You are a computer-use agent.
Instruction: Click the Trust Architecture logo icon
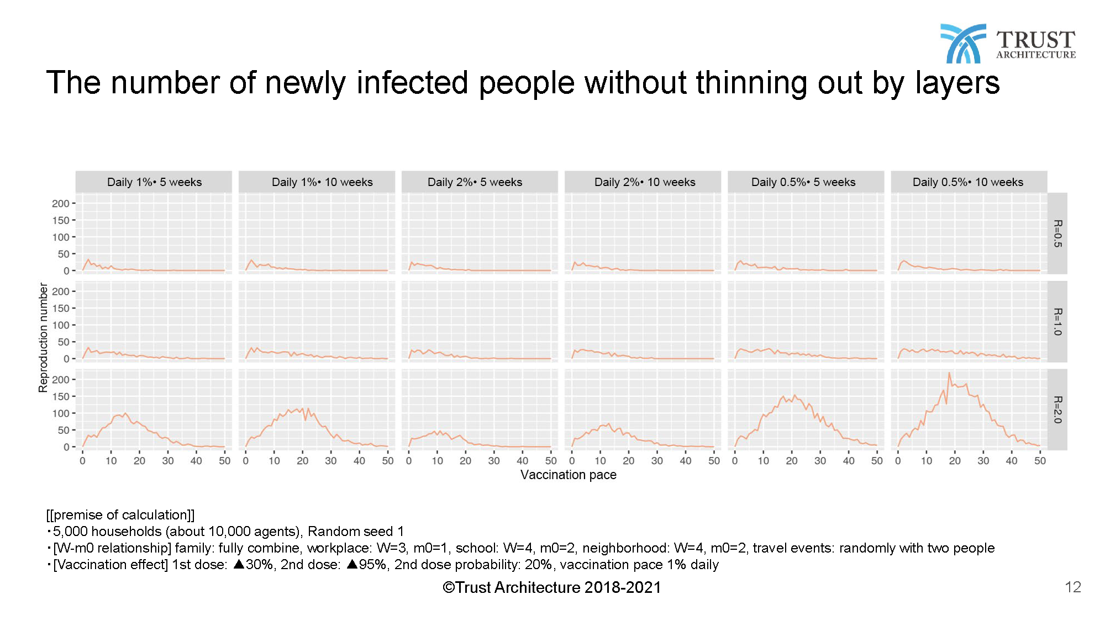tap(962, 43)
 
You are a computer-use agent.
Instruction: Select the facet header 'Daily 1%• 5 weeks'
tap(154, 182)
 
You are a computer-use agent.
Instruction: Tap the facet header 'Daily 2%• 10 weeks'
tap(644, 182)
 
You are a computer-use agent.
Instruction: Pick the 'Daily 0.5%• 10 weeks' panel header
tap(967, 182)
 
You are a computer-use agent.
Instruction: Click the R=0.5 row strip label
tap(1057, 233)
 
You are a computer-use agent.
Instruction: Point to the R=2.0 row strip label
tap(1057, 410)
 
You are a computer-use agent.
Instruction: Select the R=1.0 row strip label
tap(1057, 322)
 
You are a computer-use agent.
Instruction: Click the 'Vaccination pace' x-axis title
tap(568, 475)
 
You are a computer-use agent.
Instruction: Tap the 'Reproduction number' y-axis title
tap(43, 337)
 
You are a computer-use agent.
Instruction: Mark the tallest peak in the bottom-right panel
tap(949, 373)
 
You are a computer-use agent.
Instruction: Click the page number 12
tap(1072, 587)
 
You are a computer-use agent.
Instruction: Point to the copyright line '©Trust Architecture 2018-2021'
tap(551, 587)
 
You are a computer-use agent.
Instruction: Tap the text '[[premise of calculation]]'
tap(120, 515)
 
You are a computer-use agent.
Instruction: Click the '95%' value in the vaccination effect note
tap(372, 565)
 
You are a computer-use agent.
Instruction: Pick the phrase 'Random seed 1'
tap(355, 532)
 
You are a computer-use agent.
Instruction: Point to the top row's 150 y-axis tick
tap(61, 220)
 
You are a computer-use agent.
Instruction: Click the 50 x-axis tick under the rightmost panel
tap(1040, 461)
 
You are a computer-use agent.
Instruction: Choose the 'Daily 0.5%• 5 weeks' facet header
tap(803, 182)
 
